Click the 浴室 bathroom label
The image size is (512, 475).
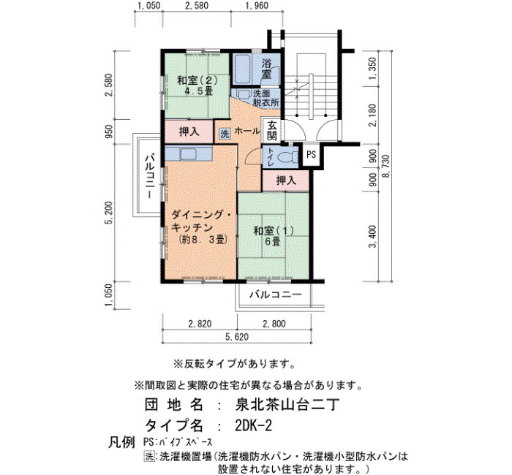click(x=266, y=69)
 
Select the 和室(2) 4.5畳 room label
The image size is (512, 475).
click(x=197, y=85)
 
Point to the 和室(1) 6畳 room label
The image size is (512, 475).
click(x=274, y=236)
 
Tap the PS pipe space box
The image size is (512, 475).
click(x=311, y=155)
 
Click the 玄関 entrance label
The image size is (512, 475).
click(x=271, y=131)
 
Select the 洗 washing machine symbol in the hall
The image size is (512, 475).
click(x=225, y=134)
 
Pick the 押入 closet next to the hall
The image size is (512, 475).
click(x=189, y=132)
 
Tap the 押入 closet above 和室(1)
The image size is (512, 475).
click(x=286, y=180)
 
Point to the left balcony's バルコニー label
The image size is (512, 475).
click(x=149, y=177)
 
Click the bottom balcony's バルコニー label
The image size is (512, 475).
click(x=276, y=295)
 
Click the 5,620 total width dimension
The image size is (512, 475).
click(x=237, y=337)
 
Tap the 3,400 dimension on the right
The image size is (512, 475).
click(x=372, y=237)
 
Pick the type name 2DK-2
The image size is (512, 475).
click(x=253, y=425)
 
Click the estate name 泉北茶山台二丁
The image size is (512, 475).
click(x=287, y=405)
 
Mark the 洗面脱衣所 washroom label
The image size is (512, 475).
click(x=266, y=98)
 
